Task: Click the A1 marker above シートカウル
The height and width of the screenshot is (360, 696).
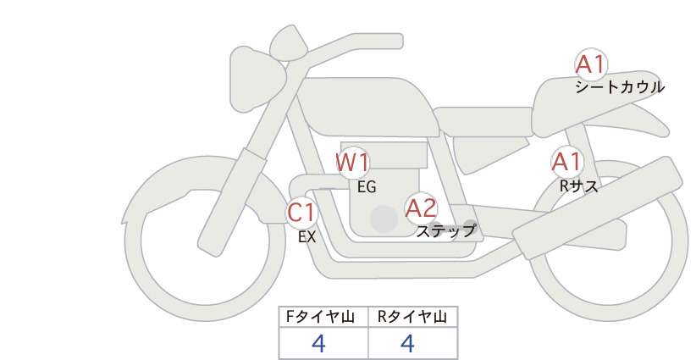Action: pyautogui.click(x=591, y=65)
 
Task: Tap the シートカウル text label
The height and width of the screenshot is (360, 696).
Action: pyautogui.click(x=620, y=87)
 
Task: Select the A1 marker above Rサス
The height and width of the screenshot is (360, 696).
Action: pyautogui.click(x=566, y=163)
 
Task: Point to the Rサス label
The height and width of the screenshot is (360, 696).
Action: pyautogui.click(x=578, y=186)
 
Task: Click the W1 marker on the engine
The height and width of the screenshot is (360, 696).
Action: pyautogui.click(x=352, y=163)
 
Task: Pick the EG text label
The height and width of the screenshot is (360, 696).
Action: pyautogui.click(x=367, y=187)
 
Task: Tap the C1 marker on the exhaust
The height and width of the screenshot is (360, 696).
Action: pyautogui.click(x=301, y=213)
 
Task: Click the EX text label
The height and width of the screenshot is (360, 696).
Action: pyautogui.click(x=307, y=237)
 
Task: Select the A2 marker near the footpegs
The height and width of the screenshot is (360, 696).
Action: pyautogui.click(x=421, y=208)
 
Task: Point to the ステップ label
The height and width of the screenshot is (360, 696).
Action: pyautogui.click(x=445, y=231)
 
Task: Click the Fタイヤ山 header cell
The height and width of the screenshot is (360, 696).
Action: pyautogui.click(x=323, y=317)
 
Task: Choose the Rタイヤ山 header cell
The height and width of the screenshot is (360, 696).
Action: pyautogui.click(x=413, y=317)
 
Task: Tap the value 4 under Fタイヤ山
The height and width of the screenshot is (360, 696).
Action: pyautogui.click(x=318, y=344)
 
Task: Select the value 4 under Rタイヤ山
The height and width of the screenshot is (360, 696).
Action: pyautogui.click(x=407, y=344)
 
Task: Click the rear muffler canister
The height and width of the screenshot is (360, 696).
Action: pyautogui.click(x=597, y=208)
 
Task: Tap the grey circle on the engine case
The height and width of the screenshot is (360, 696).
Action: pyautogui.click(x=384, y=219)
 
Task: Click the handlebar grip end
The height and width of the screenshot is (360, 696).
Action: pyautogui.click(x=397, y=40)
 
